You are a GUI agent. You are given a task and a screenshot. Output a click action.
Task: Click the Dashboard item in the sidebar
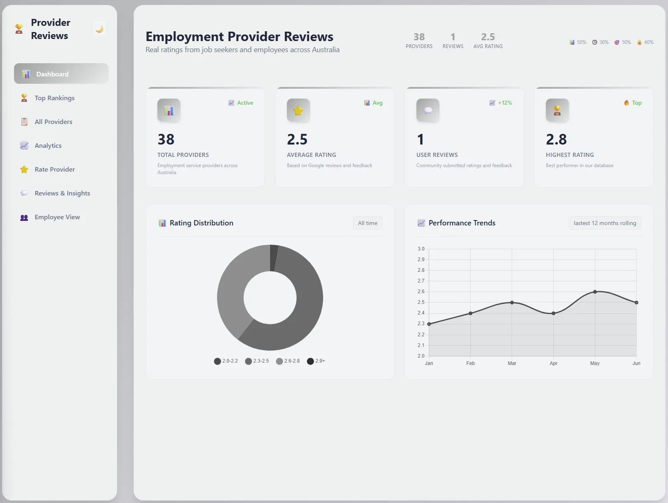click(61, 74)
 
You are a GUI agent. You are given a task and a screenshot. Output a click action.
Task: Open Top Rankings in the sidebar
click(54, 98)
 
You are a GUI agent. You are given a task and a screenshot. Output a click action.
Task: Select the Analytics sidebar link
click(48, 146)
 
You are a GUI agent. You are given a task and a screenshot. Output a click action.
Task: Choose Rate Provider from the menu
click(54, 170)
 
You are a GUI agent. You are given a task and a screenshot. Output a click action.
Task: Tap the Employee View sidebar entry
click(57, 217)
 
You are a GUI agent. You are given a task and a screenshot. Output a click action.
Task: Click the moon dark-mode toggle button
click(99, 29)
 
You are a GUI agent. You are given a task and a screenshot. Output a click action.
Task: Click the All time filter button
click(368, 223)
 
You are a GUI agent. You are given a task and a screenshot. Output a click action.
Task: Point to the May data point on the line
click(595, 292)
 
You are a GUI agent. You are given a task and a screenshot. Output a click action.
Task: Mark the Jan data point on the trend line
click(429, 324)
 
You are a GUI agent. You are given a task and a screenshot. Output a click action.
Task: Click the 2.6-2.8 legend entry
click(288, 361)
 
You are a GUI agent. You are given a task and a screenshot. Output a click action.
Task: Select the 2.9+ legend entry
click(316, 361)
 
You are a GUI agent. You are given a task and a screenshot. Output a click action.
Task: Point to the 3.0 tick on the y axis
click(421, 249)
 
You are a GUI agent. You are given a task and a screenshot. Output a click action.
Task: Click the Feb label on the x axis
click(470, 363)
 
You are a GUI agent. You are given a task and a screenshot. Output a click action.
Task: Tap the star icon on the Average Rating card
click(298, 110)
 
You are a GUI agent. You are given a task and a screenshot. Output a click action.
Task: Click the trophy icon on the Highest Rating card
click(557, 110)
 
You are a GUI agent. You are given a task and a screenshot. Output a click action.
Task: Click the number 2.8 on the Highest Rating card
click(556, 140)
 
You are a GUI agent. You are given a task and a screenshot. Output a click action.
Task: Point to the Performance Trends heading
click(462, 223)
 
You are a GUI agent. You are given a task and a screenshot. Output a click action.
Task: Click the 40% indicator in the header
click(645, 42)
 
